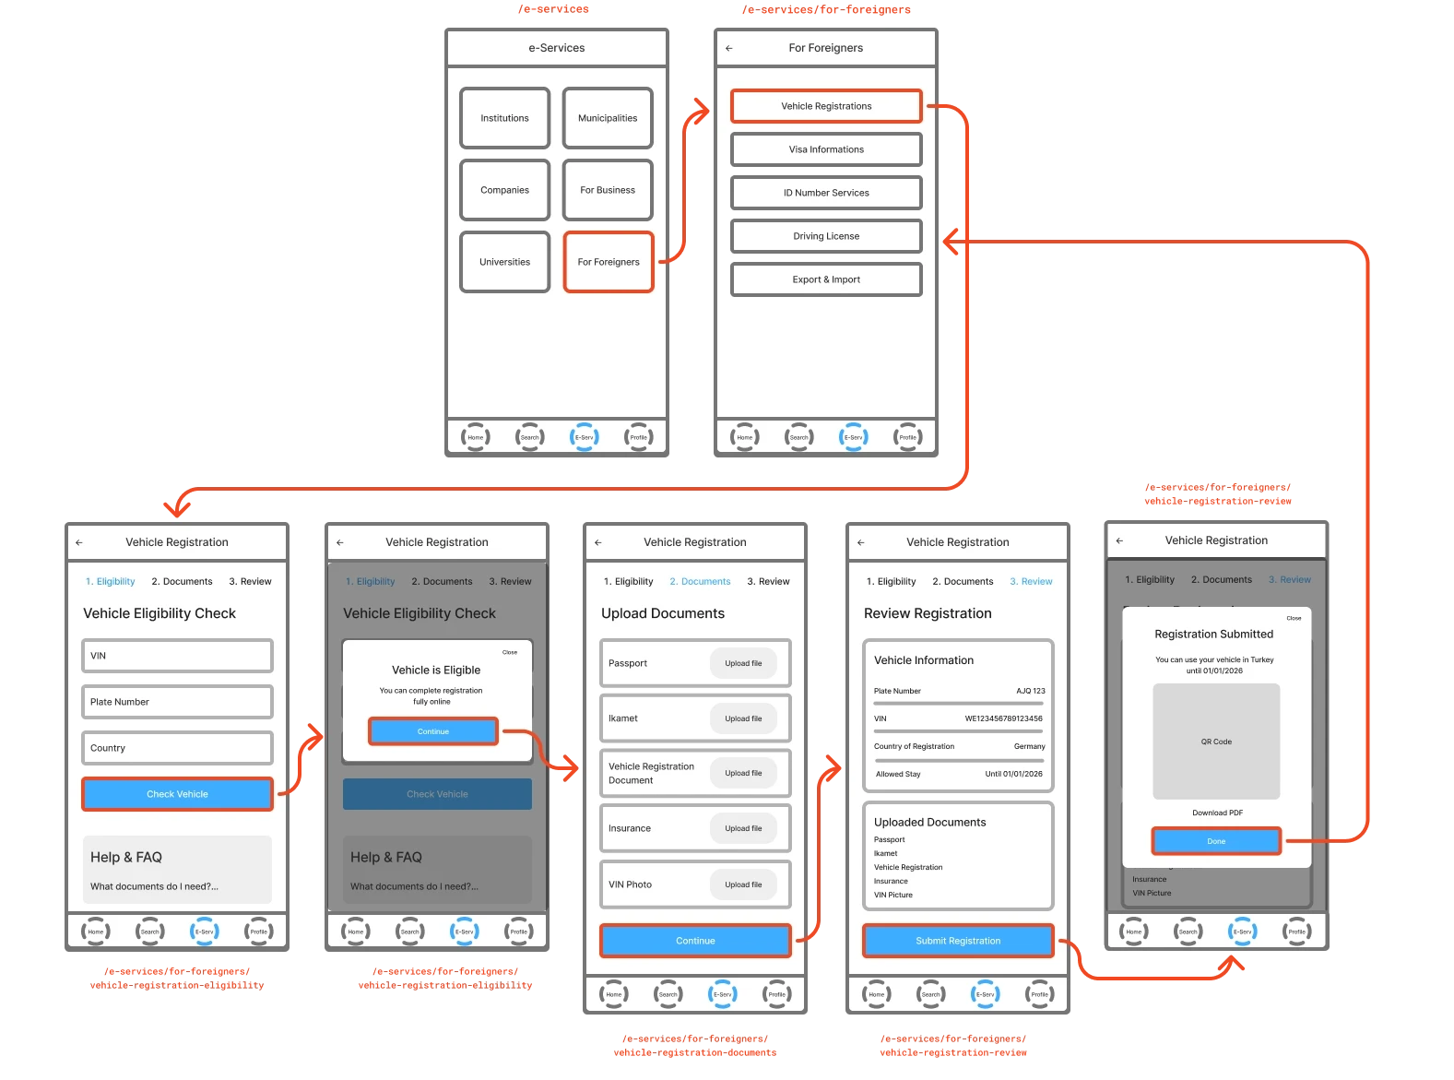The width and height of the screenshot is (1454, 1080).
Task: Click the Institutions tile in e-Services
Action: [x=504, y=118]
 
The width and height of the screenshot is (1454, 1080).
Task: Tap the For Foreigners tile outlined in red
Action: [x=609, y=262]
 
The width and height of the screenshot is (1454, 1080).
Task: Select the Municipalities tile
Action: [x=608, y=118]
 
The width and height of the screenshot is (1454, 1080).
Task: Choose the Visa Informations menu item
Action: [x=826, y=149]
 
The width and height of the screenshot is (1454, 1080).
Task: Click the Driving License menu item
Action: [x=826, y=236]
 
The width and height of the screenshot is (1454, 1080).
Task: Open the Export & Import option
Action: [x=826, y=279]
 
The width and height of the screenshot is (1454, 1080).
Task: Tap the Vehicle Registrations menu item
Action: [x=826, y=106]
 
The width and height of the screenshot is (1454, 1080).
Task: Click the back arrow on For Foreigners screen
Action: [x=729, y=48]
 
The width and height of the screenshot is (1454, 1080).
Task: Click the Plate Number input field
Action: [x=177, y=702]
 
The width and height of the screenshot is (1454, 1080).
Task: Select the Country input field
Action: [x=177, y=748]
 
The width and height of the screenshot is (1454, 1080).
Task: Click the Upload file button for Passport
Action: [x=743, y=663]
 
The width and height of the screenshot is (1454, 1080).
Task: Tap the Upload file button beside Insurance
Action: [x=743, y=828]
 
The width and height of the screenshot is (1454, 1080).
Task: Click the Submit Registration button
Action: [x=958, y=941]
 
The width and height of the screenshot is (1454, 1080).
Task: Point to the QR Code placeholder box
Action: [x=1216, y=742]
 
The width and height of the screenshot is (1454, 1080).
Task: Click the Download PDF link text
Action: [x=1217, y=813]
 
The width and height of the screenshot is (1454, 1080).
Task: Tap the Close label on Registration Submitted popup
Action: [x=1294, y=618]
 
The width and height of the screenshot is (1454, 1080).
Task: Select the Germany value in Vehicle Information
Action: [x=1029, y=746]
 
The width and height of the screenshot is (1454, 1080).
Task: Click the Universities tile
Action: [x=504, y=262]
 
